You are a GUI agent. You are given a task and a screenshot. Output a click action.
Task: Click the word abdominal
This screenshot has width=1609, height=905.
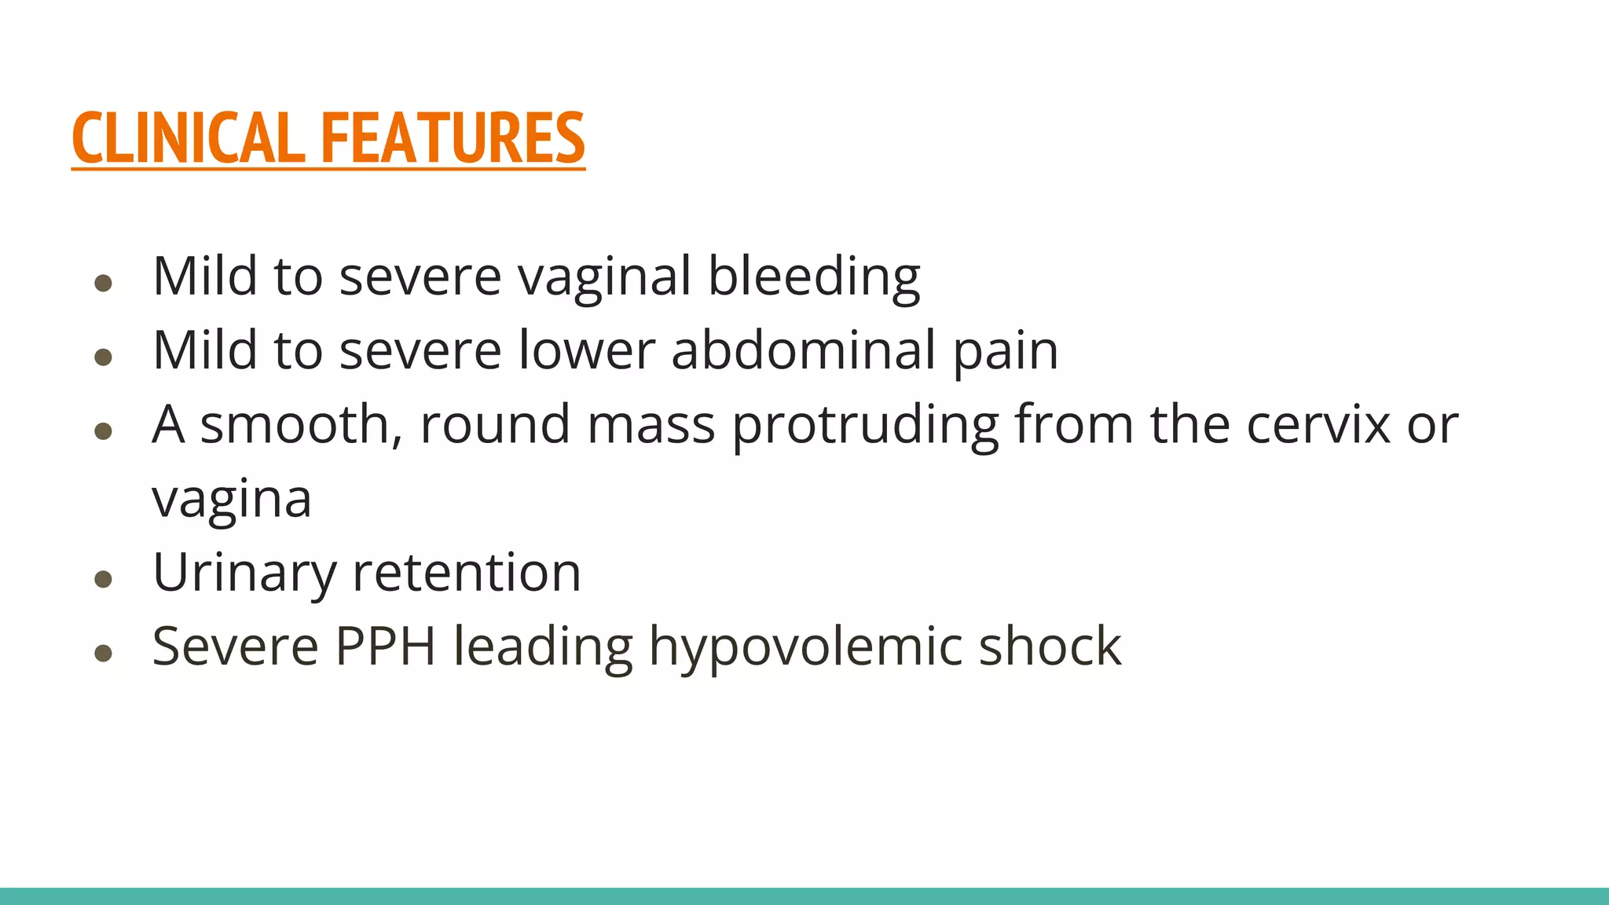pyautogui.click(x=803, y=350)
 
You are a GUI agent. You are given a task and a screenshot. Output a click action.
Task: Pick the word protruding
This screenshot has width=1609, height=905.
pyautogui.click(x=865, y=424)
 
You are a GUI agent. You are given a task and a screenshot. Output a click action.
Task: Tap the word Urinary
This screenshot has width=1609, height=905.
pyautogui.click(x=244, y=573)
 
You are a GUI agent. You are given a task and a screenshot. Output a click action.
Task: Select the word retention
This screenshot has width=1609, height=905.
pyautogui.click(x=467, y=573)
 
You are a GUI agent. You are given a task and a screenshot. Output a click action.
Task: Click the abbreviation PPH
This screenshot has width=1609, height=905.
pyautogui.click(x=385, y=647)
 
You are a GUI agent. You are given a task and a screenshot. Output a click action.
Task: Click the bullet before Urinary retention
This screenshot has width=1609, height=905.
pyautogui.click(x=103, y=580)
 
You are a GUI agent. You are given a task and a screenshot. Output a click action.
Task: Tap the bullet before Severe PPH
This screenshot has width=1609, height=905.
pyautogui.click(x=103, y=653)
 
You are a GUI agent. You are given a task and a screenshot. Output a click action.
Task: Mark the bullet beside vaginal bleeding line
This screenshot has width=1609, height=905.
pyautogui.click(x=103, y=283)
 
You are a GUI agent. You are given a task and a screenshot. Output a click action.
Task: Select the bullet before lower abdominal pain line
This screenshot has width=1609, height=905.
pyautogui.click(x=103, y=357)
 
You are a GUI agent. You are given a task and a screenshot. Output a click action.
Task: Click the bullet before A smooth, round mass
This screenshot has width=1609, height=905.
pyautogui.click(x=103, y=431)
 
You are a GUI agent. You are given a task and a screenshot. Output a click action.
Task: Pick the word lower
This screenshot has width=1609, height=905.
pyautogui.click(x=586, y=350)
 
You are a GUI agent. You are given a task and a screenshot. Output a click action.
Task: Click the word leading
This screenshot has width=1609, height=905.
pyautogui.click(x=543, y=647)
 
